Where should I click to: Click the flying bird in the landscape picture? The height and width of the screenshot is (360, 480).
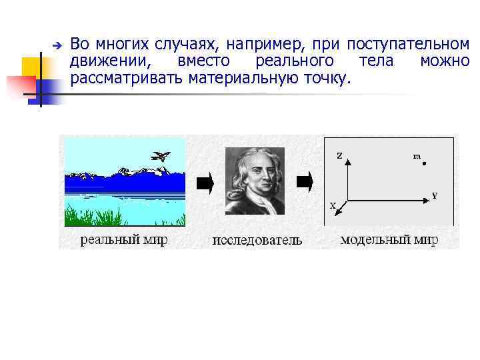[160, 157]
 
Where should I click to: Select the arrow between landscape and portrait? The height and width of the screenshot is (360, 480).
[205, 182]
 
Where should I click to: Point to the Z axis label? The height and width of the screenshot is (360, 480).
[339, 156]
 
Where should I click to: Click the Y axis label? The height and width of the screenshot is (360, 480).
[434, 195]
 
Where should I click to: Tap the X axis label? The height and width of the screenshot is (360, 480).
[333, 206]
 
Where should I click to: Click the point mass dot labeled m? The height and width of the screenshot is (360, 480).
[424, 163]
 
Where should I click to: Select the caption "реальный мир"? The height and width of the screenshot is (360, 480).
[123, 239]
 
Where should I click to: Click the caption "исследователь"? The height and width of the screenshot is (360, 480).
[257, 240]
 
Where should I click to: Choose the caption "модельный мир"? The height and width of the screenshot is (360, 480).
[389, 239]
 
